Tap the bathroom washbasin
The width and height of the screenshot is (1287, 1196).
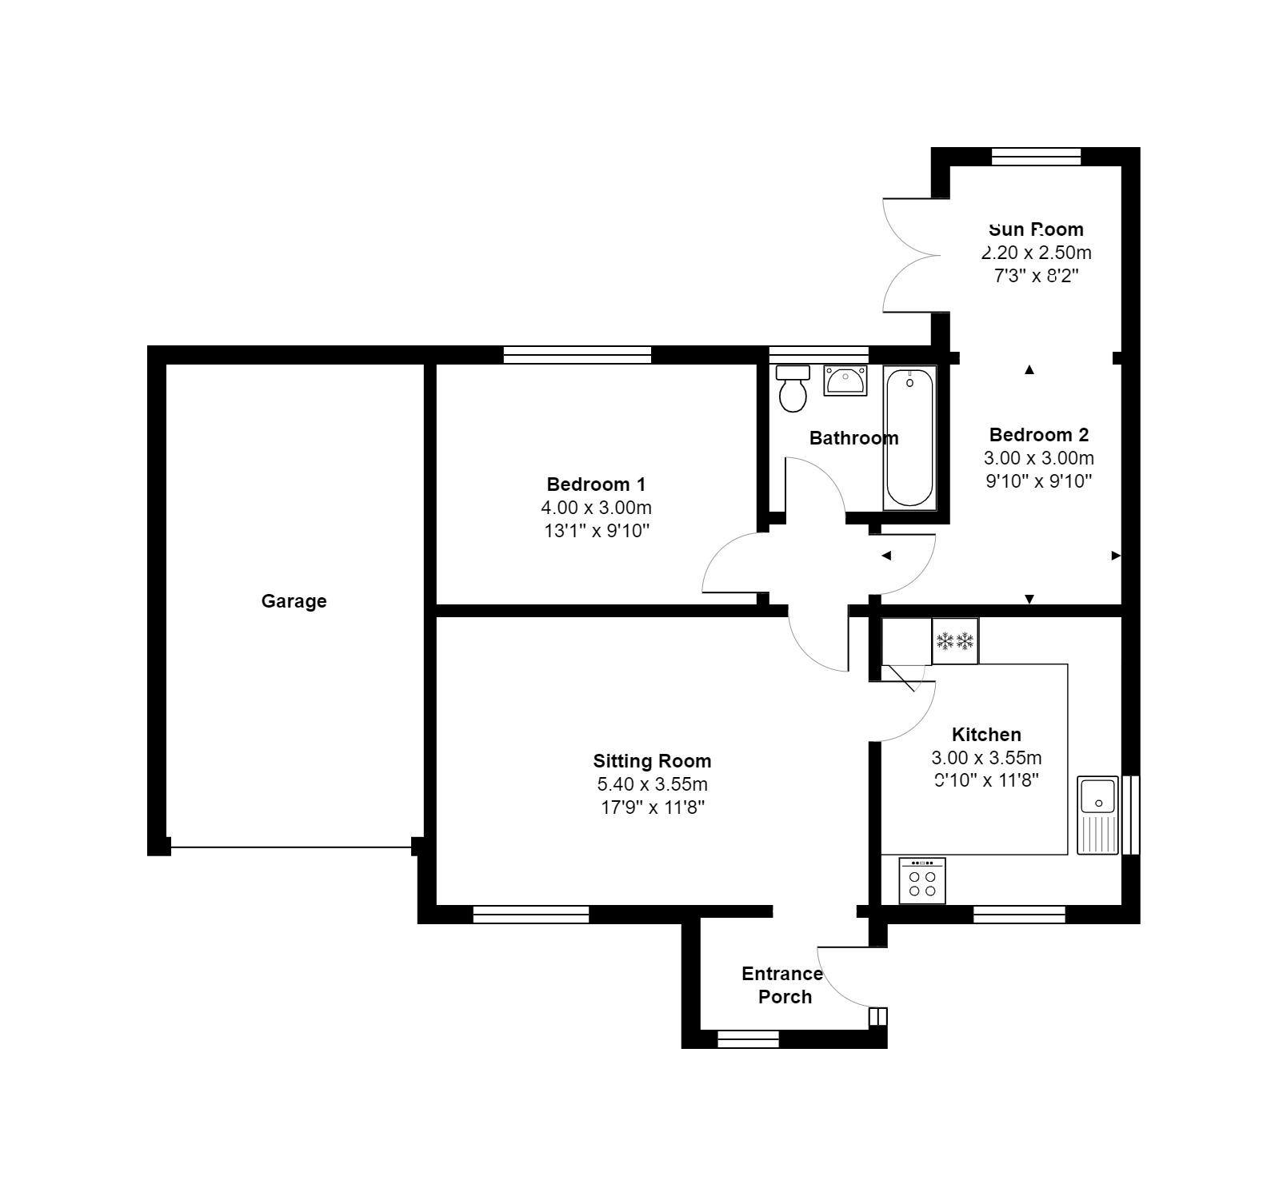pos(845,381)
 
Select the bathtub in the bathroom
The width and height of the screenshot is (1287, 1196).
pos(909,437)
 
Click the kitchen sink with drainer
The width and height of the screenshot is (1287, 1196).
pos(1097,814)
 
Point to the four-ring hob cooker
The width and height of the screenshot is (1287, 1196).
pos(921,880)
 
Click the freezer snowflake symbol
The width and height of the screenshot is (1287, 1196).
pos(955,640)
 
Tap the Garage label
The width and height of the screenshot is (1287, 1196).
pos(294,601)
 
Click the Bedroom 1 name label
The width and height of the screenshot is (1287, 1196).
pos(596,484)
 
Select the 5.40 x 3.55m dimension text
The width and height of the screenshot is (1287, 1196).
pos(652,784)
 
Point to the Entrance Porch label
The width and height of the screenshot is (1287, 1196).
pos(782,985)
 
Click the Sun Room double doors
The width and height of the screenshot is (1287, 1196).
pos(912,255)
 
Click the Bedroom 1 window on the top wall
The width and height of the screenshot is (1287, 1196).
pos(577,355)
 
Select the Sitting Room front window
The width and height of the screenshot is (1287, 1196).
pos(531,915)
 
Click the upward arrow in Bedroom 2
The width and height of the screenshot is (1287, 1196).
pos(1029,369)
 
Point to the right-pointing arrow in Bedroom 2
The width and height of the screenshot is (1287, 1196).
pos(1115,556)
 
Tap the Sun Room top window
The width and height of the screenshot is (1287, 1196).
pos(1036,157)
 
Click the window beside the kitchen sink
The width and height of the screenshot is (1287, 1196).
pos(1130,815)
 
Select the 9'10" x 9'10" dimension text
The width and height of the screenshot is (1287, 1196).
pos(1038,481)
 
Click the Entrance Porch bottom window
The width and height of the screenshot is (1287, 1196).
pos(748,1039)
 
